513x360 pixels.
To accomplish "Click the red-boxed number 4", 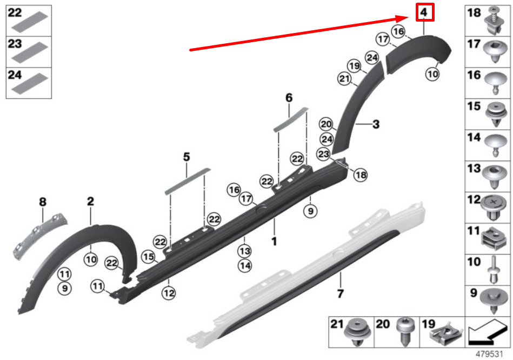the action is click(x=424, y=12).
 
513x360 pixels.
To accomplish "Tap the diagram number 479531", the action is click(x=489, y=354).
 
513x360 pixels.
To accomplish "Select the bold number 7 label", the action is click(x=340, y=294).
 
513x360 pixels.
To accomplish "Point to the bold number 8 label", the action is click(x=43, y=202).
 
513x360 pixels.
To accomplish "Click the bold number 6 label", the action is click(x=289, y=97).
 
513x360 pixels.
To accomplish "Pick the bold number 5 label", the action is click(x=186, y=157).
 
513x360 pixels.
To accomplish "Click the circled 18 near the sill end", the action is click(x=361, y=175).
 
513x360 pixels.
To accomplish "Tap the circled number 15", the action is click(x=148, y=257).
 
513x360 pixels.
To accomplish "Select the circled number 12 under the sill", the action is click(x=169, y=293).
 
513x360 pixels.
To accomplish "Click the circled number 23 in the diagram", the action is click(x=323, y=154).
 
